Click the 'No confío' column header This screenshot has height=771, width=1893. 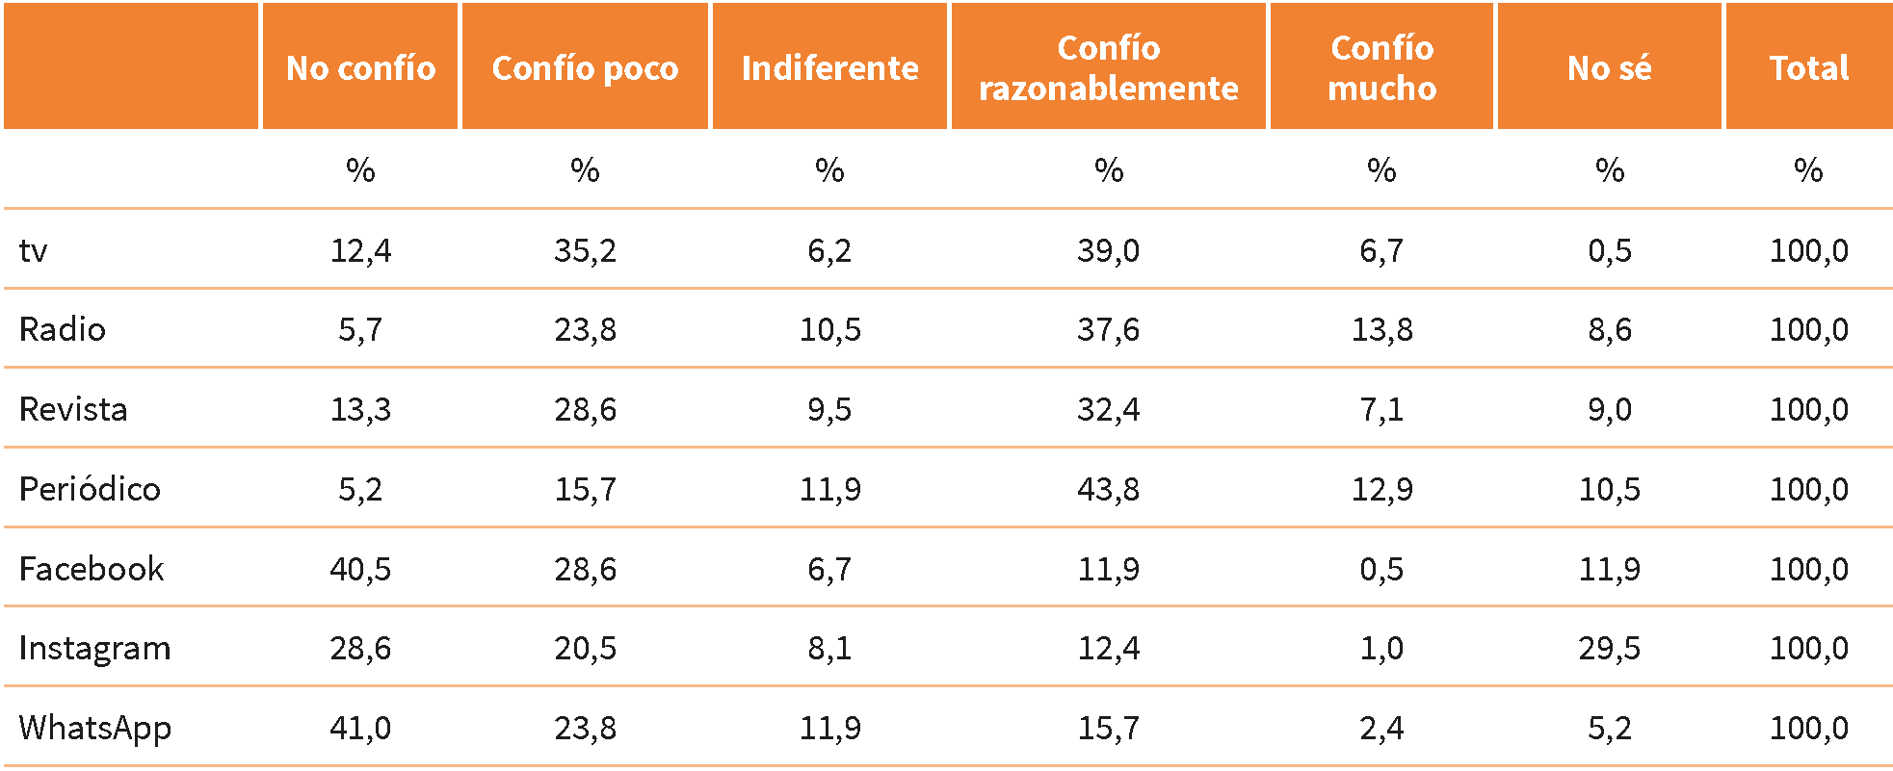click(x=360, y=68)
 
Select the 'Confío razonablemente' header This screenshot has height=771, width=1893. click(x=1108, y=68)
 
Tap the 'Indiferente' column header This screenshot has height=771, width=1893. click(x=829, y=68)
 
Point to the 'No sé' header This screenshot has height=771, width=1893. click(x=1609, y=68)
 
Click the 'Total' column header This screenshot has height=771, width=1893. click(x=1808, y=68)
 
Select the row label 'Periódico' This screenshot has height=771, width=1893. click(x=90, y=489)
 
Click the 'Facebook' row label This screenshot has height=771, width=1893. click(x=92, y=569)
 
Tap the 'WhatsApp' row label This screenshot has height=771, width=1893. click(x=94, y=728)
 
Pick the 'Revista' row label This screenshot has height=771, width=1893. click(x=73, y=409)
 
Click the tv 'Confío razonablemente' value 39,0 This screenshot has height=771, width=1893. click(x=1108, y=251)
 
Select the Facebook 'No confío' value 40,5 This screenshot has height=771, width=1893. click(x=360, y=569)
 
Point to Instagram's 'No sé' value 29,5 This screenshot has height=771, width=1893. click(x=1609, y=649)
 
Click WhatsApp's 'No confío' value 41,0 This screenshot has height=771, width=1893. click(x=360, y=728)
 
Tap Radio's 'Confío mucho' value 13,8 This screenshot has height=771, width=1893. click(x=1381, y=330)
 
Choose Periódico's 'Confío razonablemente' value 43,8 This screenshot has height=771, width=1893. click(x=1108, y=489)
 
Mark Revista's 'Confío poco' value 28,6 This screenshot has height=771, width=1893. click(x=585, y=410)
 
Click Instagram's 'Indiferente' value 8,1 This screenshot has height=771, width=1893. click(x=829, y=649)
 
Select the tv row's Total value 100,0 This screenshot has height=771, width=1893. click(x=1808, y=251)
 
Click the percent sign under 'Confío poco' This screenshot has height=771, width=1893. click(x=585, y=170)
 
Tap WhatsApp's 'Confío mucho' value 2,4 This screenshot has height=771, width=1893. click(x=1381, y=728)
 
